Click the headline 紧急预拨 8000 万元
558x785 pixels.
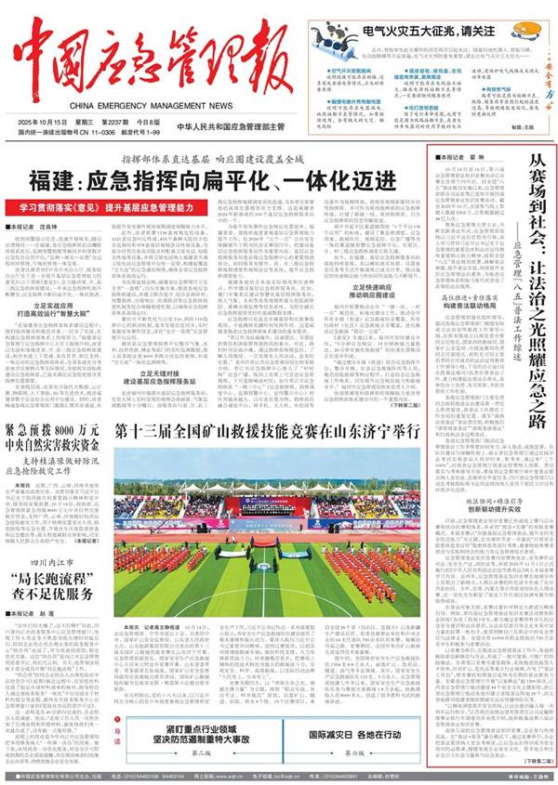(55, 431)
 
